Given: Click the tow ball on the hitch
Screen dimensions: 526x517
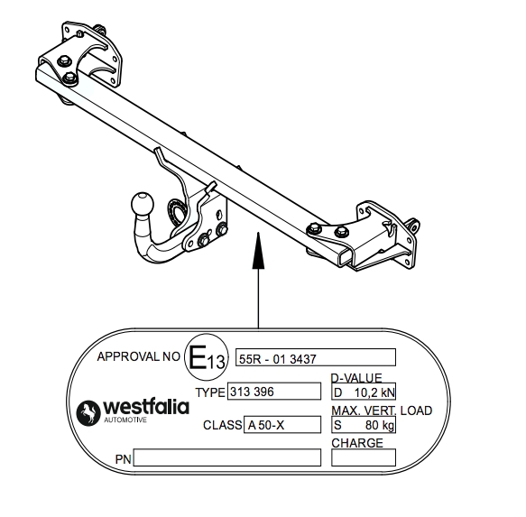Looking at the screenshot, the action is coord(142,203).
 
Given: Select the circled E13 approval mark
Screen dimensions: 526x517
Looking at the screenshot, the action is coord(207,357).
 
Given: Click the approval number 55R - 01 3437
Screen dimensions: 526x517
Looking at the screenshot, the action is coord(277,359).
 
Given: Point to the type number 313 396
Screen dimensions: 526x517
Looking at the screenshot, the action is coord(252,392).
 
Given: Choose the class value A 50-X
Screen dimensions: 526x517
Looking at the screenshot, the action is coord(266,425).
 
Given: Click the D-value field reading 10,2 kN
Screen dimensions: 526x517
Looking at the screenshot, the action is coord(364,392).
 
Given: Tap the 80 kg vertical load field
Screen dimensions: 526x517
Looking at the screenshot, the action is coord(364,425).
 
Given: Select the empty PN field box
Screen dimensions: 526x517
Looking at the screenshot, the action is coord(227,457).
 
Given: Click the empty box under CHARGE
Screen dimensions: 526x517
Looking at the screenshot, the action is coord(364,457).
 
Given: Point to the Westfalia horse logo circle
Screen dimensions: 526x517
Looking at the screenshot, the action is coord(88,412).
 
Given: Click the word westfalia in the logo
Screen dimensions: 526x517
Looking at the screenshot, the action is coord(146,407).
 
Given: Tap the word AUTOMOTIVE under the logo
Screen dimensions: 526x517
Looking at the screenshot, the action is coord(125,420).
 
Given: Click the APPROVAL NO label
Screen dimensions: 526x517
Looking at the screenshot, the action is coord(139,356).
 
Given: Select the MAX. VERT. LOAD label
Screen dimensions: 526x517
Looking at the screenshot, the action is coord(382,411).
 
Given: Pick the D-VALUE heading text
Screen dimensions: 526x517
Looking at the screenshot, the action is coord(356,378).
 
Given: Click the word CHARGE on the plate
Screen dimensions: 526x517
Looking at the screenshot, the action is coord(357,443).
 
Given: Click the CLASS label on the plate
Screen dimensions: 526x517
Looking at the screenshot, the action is coord(223,425).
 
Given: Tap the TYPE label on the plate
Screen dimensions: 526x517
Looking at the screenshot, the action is coord(210,392).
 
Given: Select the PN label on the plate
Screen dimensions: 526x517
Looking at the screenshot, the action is coord(123,459).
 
